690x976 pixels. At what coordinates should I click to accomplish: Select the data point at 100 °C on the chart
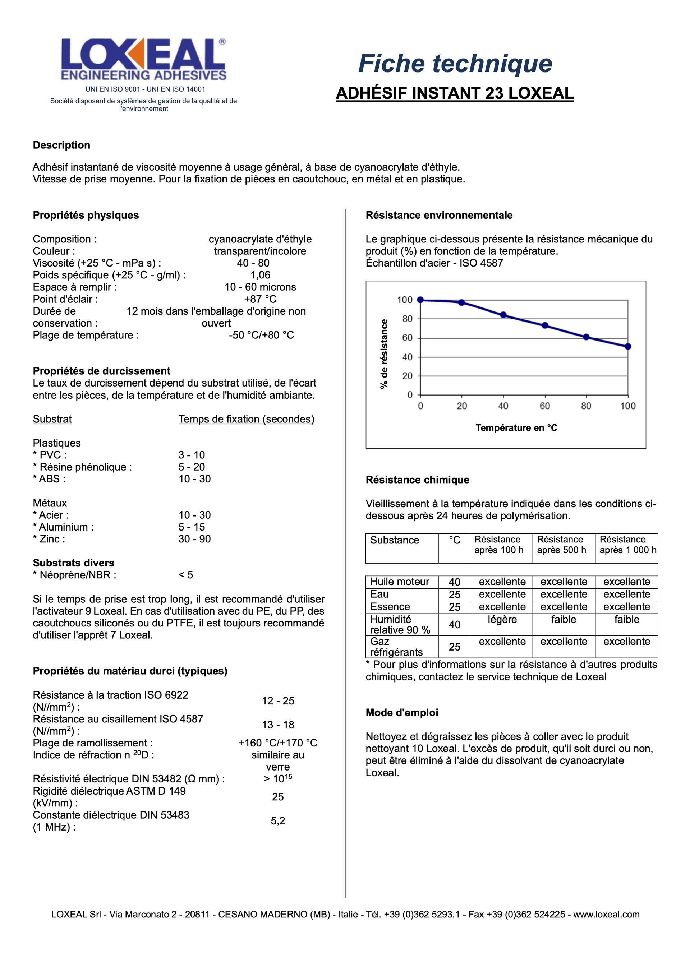[x=628, y=346]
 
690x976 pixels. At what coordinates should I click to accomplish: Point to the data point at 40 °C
[x=503, y=315]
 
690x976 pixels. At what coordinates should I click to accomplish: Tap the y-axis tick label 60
[x=407, y=338]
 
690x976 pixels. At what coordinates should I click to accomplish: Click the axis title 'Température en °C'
[x=516, y=427]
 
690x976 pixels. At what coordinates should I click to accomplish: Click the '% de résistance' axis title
[x=385, y=354]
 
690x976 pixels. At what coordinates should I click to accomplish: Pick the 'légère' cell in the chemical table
[x=502, y=619]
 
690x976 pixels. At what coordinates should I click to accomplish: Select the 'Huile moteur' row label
[x=400, y=582]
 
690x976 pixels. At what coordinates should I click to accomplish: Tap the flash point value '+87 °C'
[x=260, y=299]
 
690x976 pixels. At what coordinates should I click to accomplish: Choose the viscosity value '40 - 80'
[x=253, y=263]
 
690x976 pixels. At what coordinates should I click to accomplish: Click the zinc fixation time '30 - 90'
[x=194, y=539]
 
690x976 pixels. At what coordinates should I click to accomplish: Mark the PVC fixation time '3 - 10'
[x=192, y=455]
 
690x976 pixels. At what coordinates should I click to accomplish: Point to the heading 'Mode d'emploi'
[x=401, y=712]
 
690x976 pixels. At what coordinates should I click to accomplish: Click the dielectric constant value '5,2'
[x=277, y=821]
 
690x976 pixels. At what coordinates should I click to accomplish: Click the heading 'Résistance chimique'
[x=417, y=480]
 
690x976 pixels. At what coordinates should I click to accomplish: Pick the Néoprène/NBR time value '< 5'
[x=185, y=575]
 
